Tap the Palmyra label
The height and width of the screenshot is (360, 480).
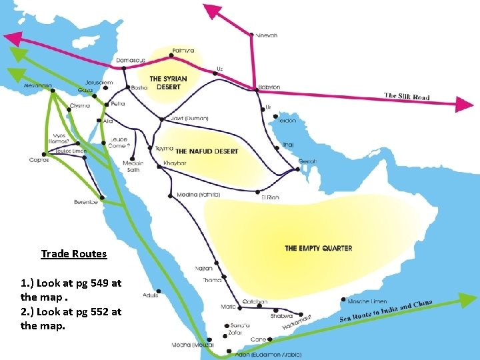(183, 50)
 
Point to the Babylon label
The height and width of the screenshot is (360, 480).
(269, 87)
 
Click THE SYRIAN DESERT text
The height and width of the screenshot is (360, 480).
(168, 83)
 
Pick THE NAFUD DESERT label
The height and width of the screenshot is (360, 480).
(207, 151)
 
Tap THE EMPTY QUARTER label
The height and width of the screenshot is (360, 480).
(318, 248)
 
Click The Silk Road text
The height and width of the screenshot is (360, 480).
(407, 97)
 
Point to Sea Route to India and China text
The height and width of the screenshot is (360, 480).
(387, 311)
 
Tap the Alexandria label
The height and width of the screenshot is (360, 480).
(37, 86)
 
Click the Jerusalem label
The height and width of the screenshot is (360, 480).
(99, 83)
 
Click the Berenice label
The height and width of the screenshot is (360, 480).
(86, 202)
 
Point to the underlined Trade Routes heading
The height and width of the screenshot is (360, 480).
(73, 254)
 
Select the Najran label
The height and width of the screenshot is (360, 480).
(204, 268)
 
